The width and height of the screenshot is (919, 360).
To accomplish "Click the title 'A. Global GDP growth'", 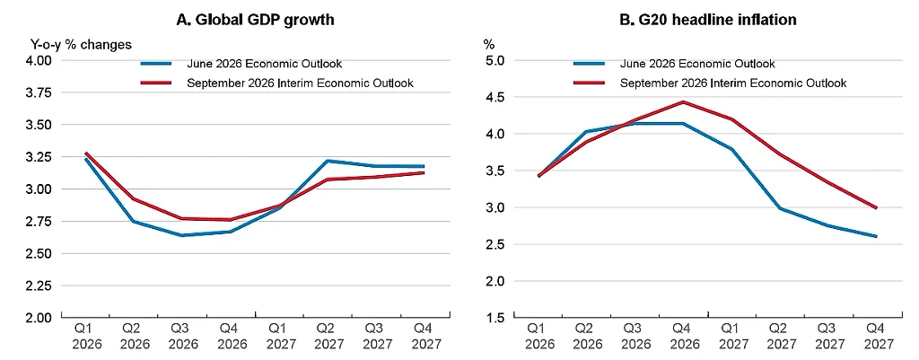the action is [255, 20].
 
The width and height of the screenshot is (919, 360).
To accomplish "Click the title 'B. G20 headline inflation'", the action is [708, 20].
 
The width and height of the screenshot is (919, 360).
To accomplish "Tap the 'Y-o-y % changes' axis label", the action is [81, 45].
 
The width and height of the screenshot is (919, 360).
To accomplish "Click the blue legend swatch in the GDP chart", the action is [156, 64].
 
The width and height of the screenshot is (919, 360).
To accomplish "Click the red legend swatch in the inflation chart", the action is [590, 83].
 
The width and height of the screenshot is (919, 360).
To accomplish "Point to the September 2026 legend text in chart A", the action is [300, 83].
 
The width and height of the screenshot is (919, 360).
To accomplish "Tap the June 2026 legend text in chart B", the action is [697, 64].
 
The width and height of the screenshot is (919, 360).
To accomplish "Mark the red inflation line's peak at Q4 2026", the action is [683, 102].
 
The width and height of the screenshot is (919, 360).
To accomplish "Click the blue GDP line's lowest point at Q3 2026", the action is [183, 235].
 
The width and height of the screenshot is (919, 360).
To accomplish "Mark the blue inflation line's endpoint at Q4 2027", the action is [876, 236].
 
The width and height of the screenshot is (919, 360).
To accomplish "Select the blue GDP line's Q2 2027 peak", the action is [327, 161].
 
